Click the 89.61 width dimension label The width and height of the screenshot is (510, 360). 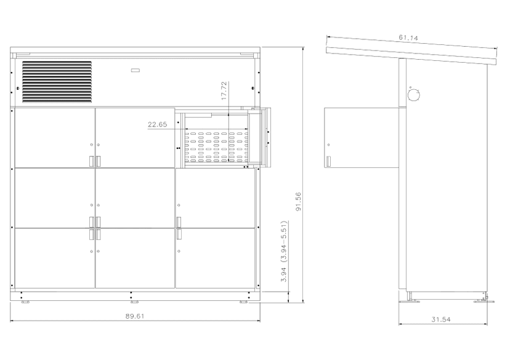(x=135, y=316)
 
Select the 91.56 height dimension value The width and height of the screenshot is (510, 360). (x=298, y=201)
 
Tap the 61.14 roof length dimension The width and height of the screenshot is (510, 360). (x=408, y=38)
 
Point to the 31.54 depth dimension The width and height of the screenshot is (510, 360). (x=441, y=319)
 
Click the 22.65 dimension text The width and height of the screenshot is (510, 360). (x=158, y=124)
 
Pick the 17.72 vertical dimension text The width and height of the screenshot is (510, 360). (x=224, y=90)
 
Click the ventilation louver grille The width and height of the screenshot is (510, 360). (x=57, y=82)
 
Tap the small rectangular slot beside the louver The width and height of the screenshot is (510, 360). (x=136, y=70)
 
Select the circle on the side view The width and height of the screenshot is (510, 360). (x=413, y=95)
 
